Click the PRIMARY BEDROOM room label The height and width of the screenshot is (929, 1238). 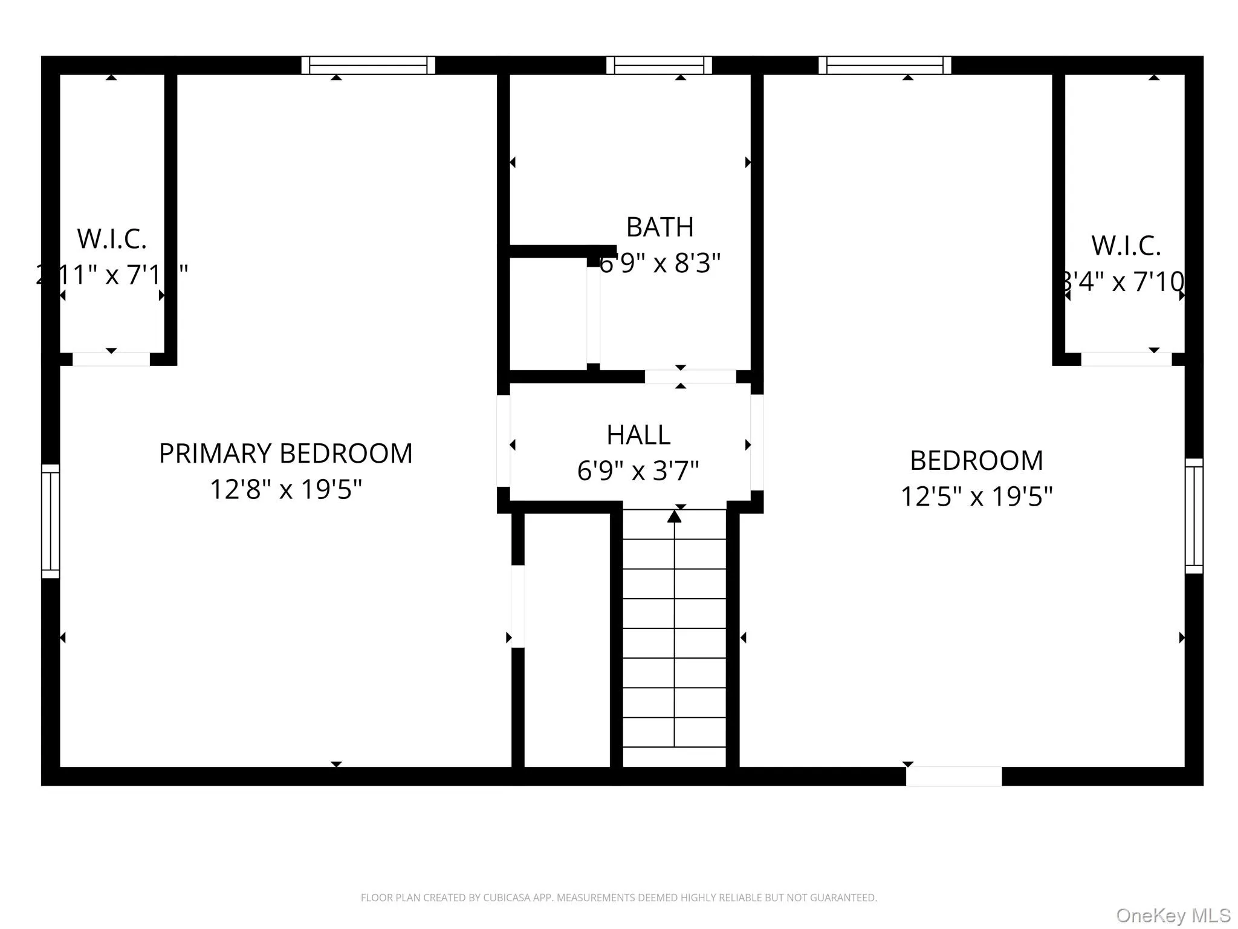285,454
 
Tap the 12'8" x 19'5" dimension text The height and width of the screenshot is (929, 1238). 285,489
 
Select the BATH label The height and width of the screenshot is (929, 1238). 660,227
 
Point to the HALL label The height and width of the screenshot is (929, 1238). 638,435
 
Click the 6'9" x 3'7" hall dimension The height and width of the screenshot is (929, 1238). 638,471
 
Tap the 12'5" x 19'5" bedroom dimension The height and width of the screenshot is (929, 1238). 976,497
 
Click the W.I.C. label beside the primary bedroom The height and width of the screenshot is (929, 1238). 112,239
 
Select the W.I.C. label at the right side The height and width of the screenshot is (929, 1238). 1126,246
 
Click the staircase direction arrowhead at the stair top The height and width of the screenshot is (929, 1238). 674,517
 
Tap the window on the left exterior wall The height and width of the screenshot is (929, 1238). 51,521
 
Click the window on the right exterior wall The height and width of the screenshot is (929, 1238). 1194,516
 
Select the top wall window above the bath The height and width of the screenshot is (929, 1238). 659,65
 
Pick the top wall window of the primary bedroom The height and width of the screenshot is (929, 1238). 368,65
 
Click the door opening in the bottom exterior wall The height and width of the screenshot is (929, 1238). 953,776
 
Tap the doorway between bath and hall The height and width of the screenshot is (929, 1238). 690,376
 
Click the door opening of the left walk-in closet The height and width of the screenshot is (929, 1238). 111,359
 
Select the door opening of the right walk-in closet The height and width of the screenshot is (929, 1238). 1126,359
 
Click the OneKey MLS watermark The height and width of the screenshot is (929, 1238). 1173,915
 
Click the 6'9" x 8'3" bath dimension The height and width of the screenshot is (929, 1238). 660,263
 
